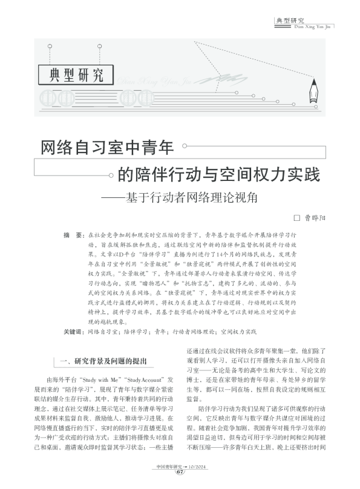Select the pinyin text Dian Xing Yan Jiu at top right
(x=313, y=26)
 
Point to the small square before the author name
(x=296, y=217)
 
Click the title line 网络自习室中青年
(x=106, y=148)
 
